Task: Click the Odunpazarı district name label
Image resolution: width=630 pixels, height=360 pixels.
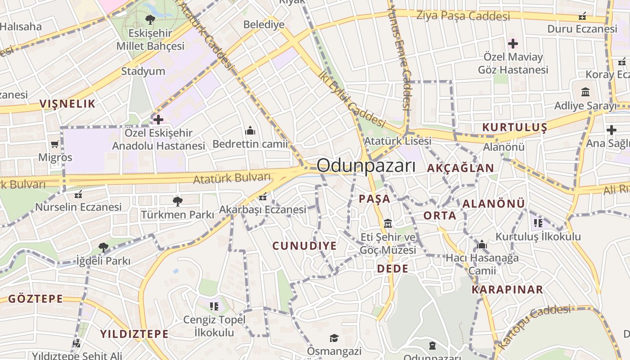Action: coord(366,166)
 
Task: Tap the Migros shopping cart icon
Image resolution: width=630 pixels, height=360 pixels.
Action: coord(55,144)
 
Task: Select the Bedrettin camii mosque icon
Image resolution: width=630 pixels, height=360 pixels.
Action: coord(250,131)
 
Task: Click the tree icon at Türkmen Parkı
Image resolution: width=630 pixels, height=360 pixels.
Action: coord(177,201)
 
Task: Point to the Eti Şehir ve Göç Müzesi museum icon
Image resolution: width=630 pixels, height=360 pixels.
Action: coord(388,223)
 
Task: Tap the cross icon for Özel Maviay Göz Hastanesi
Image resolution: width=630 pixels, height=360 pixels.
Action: coord(513,44)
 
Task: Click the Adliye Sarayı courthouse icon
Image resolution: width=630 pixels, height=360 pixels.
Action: coord(585,92)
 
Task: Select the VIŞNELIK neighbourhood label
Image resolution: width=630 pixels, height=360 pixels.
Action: coord(67,104)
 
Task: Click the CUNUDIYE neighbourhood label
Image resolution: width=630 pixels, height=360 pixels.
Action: coord(305,246)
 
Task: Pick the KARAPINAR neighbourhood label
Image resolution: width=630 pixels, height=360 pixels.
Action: coord(507,289)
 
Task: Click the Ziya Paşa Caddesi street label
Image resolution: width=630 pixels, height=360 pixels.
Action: coord(463,16)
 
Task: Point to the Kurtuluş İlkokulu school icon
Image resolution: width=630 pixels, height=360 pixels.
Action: coord(538,223)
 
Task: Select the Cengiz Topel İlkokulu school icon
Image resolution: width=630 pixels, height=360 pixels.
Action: coord(214,306)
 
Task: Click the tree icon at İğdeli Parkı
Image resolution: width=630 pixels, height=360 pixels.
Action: coord(103,247)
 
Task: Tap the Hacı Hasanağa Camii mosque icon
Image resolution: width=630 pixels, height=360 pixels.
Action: coord(482,245)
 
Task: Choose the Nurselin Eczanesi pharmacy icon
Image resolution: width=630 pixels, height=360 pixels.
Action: coord(78,194)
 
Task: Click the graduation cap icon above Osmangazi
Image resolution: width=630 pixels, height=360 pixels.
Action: coord(334,338)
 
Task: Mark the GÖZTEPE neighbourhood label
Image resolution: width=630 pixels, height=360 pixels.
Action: coord(36,299)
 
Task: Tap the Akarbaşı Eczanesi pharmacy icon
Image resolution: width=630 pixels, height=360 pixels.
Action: coord(263,197)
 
